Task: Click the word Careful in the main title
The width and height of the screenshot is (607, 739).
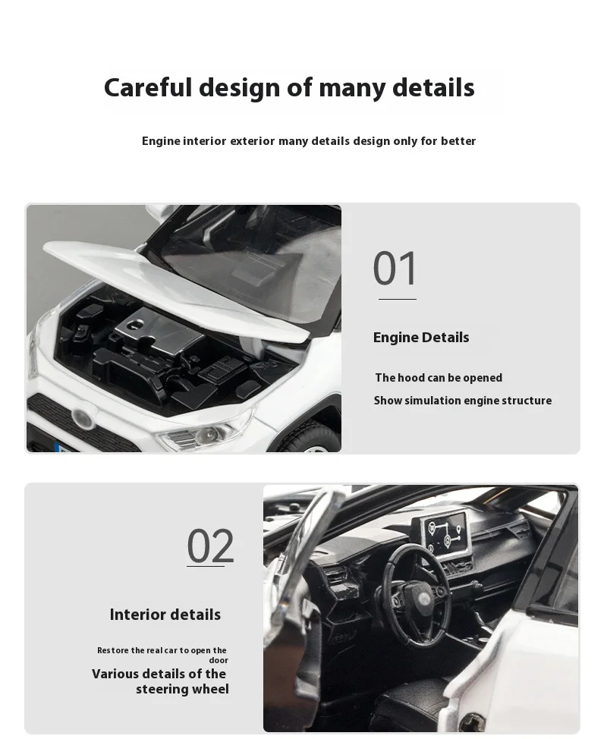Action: [x=148, y=88]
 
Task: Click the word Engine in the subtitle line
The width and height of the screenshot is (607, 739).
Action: [x=161, y=141]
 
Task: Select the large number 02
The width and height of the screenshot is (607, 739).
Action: [x=210, y=546]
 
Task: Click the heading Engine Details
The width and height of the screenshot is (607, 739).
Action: [x=421, y=338]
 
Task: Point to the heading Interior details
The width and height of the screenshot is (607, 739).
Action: [x=165, y=615]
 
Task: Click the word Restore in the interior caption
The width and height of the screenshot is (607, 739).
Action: [x=113, y=650]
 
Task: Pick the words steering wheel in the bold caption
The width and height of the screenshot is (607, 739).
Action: [x=182, y=689]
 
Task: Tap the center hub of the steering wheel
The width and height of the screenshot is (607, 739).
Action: [x=423, y=599]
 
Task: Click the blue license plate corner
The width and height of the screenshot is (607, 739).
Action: [x=61, y=448]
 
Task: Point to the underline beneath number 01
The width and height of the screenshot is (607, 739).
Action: [x=398, y=299]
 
